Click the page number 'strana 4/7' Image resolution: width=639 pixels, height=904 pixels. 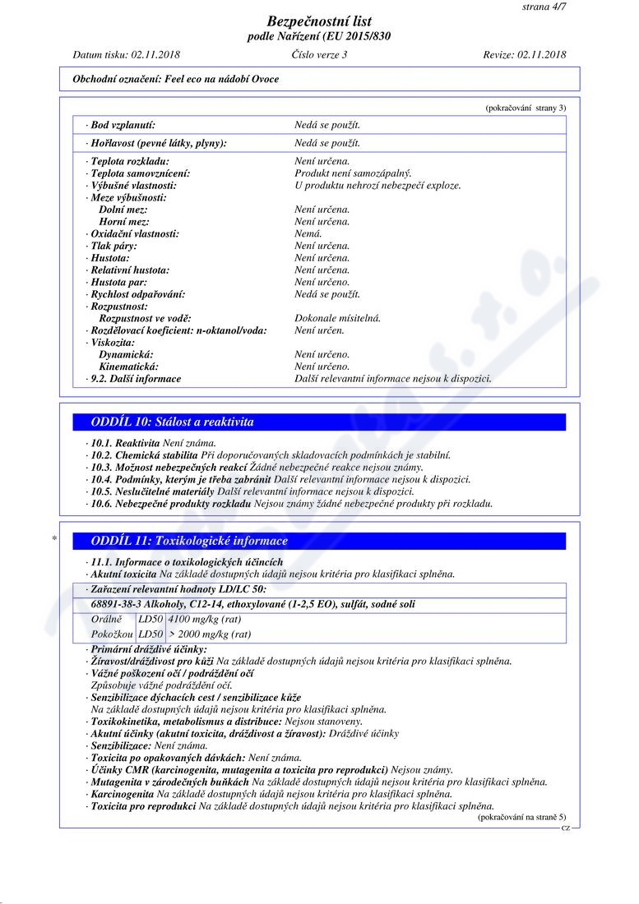click(x=544, y=7)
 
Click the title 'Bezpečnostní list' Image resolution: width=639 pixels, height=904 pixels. click(x=319, y=21)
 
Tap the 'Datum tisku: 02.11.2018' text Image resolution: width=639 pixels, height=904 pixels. click(x=127, y=55)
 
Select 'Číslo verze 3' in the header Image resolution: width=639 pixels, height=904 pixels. click(x=319, y=55)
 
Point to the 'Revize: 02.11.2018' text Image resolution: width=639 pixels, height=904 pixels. click(x=525, y=55)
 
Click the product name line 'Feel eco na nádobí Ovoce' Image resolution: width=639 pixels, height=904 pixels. click(x=176, y=79)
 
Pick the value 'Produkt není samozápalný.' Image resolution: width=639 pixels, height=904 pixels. click(x=353, y=173)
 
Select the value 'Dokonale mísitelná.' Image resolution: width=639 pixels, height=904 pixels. click(x=337, y=318)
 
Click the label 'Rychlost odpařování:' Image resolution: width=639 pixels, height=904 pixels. click(x=137, y=294)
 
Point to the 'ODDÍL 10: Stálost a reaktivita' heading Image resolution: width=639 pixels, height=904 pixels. click(x=172, y=422)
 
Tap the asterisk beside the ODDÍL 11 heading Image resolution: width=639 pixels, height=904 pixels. click(x=54, y=539)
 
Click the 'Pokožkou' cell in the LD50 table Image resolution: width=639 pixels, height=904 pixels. click(x=112, y=634)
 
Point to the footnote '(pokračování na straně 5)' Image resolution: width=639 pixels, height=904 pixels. click(x=521, y=817)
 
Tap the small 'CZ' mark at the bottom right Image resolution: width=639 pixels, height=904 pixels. click(x=565, y=828)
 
